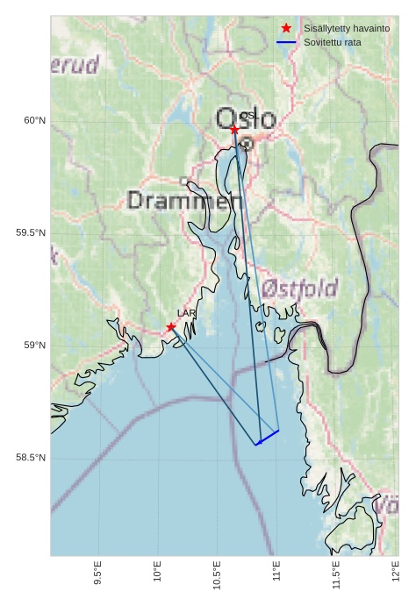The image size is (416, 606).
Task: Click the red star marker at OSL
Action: pos(234,130)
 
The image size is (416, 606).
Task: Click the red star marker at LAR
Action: pos(171,327)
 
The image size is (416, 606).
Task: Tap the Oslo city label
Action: pos(246,118)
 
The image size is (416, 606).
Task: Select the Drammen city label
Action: pos(185,201)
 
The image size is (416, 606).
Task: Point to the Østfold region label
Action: pos(299,289)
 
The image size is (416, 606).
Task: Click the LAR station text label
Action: pos(186,313)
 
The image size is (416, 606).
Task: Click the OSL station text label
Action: pos(249,116)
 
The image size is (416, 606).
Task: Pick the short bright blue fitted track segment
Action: pos(268,438)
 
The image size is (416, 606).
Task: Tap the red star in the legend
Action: pos(286,28)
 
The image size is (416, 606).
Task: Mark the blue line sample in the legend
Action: pos(286,42)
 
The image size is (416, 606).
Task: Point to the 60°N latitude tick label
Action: pos(34,120)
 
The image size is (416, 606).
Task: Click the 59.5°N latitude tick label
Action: pos(31,232)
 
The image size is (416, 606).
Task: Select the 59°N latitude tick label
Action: pos(34,346)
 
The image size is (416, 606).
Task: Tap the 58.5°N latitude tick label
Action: pos(31,458)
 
